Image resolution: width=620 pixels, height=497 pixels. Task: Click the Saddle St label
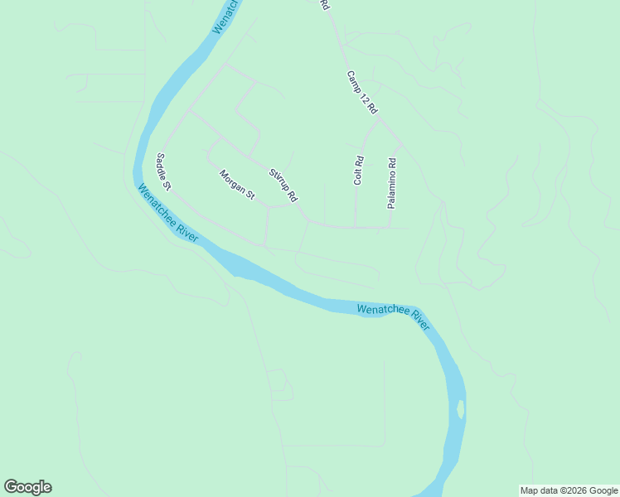coord(162,170)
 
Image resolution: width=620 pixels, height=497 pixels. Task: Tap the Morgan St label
coord(237,186)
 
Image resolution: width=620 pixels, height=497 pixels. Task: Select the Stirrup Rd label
coord(283,186)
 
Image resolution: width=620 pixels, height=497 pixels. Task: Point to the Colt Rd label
coord(359,171)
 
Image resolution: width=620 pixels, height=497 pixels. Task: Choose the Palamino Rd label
coord(393,182)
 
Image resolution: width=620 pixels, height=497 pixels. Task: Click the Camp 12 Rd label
coord(362,92)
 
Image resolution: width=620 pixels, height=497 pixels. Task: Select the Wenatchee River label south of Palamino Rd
coord(393,316)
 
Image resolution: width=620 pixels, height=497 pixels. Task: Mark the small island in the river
coord(460,408)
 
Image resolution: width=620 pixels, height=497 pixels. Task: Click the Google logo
coord(27,487)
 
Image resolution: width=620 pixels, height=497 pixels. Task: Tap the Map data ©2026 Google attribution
coord(569,490)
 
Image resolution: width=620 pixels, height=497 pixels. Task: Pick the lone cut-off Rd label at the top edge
coord(325,4)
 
